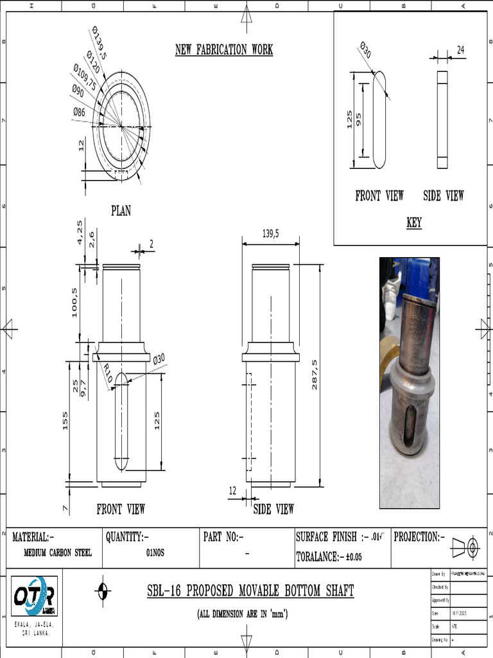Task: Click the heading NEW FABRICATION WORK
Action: pos(224,50)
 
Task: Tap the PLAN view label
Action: pos(121,211)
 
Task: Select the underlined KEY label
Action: pos(414,223)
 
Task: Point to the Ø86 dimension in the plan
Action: pos(79,112)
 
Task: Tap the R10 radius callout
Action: pos(107,373)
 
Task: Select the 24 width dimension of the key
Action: pos(460,49)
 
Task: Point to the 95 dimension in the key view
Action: pos(358,120)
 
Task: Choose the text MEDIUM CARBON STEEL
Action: pos(57,553)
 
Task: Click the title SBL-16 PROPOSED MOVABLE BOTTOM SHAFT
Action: pos(250,591)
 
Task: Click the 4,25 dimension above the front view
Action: pos(80,232)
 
